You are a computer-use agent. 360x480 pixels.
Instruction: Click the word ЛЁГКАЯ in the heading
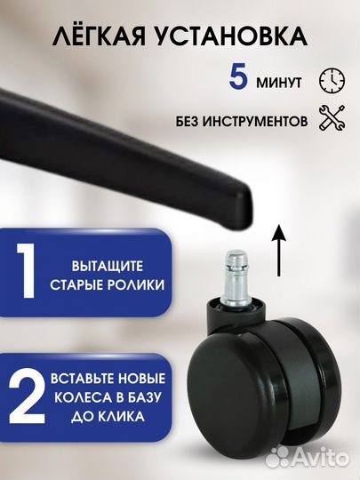[97, 36]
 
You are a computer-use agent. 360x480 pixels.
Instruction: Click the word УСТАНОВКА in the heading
[236, 36]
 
